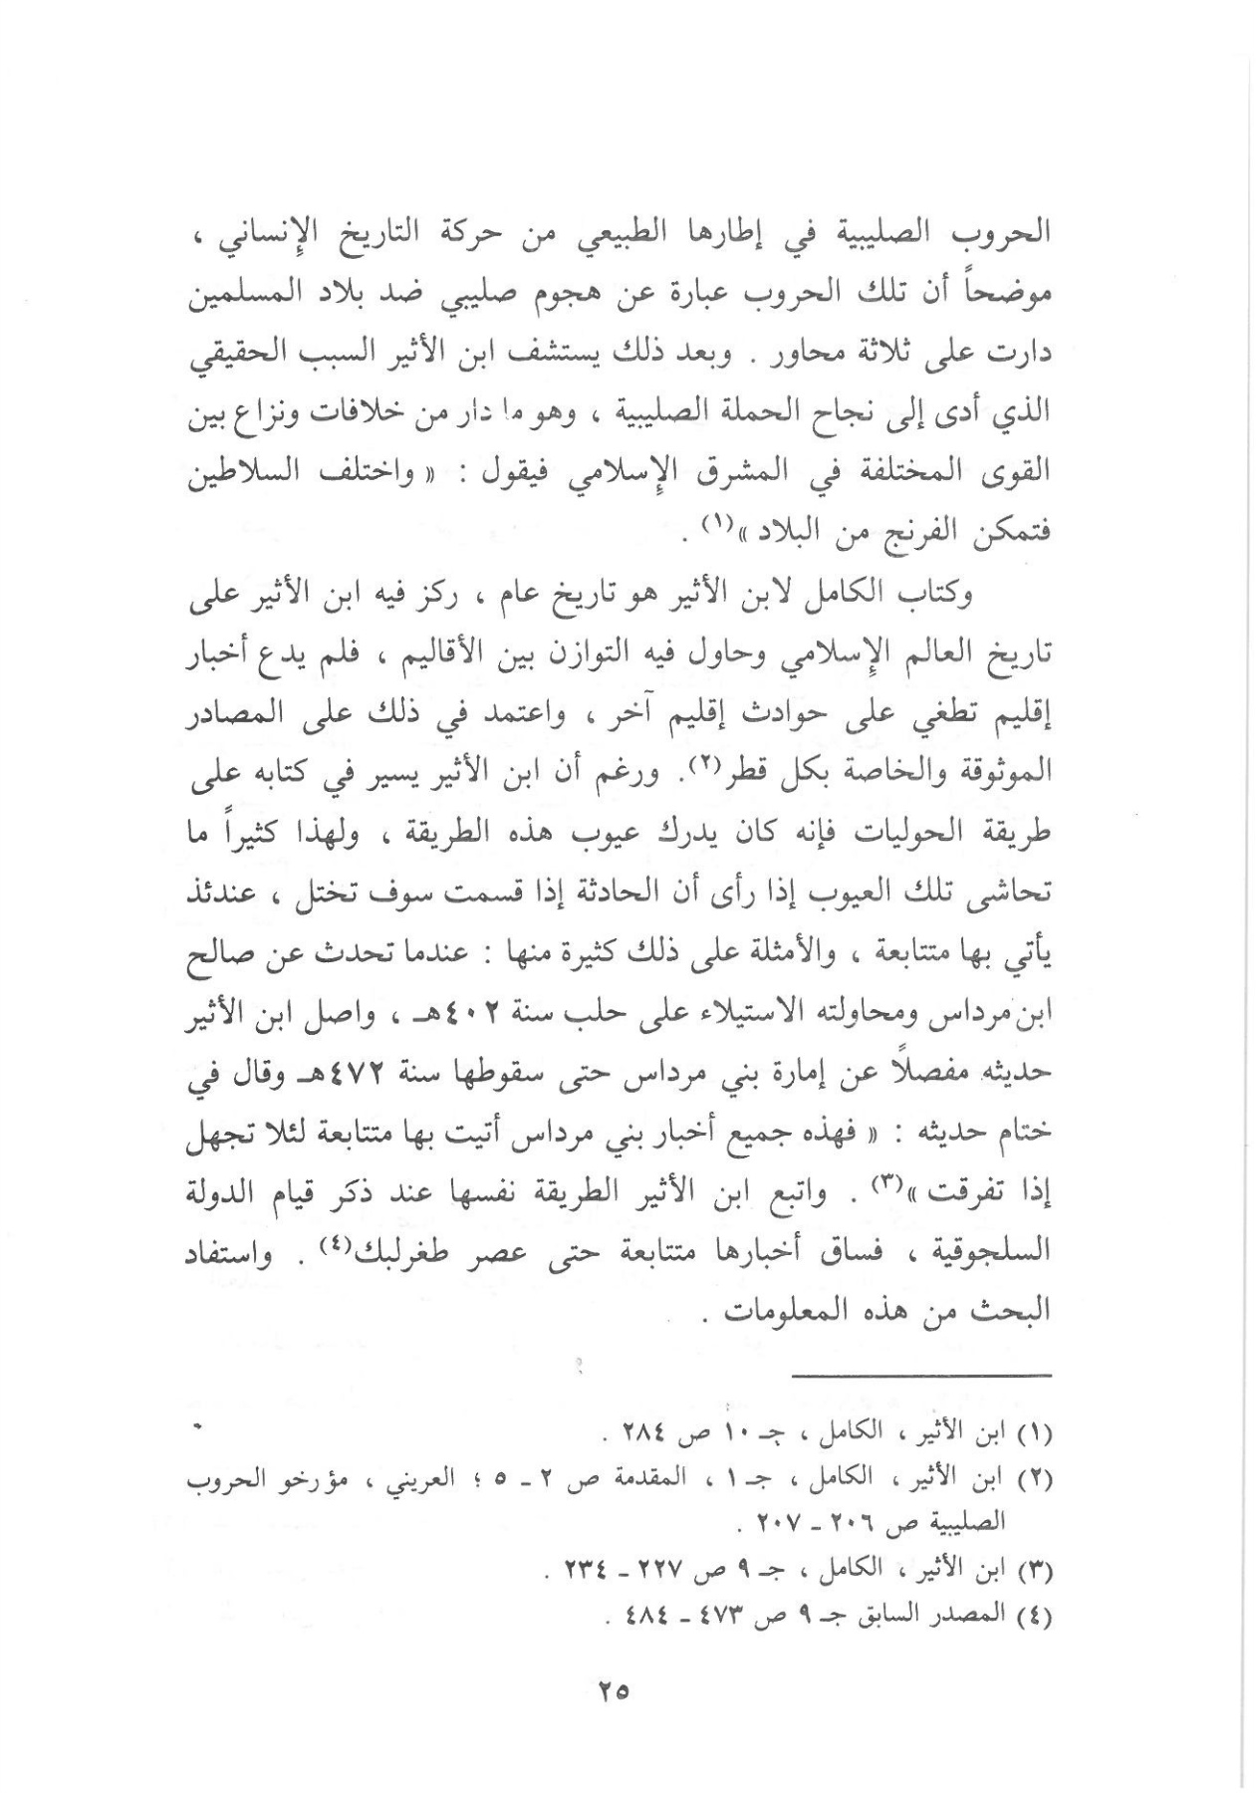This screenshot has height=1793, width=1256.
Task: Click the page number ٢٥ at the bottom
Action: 615,1689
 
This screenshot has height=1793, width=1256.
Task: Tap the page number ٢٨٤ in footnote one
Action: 633,1439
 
